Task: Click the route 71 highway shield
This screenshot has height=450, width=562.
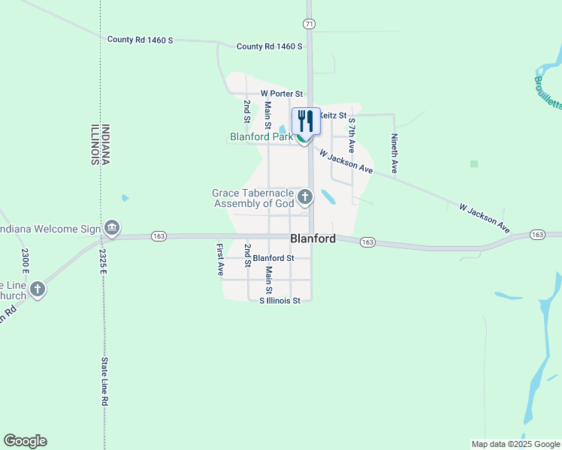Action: point(309,24)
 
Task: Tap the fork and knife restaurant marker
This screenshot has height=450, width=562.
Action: point(306,121)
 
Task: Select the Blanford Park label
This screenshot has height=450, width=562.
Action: point(261,137)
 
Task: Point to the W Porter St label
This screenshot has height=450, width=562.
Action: point(281,94)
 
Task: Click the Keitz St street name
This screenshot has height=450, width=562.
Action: point(333,115)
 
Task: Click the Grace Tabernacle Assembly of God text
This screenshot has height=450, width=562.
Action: point(252,198)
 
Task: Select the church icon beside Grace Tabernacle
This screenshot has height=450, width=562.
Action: point(304,197)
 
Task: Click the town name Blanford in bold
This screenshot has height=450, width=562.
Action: point(313,238)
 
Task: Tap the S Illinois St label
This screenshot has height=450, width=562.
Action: point(279,301)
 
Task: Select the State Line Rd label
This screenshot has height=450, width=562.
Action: point(105,381)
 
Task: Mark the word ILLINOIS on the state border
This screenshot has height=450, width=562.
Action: point(95,143)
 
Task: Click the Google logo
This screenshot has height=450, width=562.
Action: point(25,441)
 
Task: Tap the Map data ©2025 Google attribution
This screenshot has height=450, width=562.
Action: point(515,444)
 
